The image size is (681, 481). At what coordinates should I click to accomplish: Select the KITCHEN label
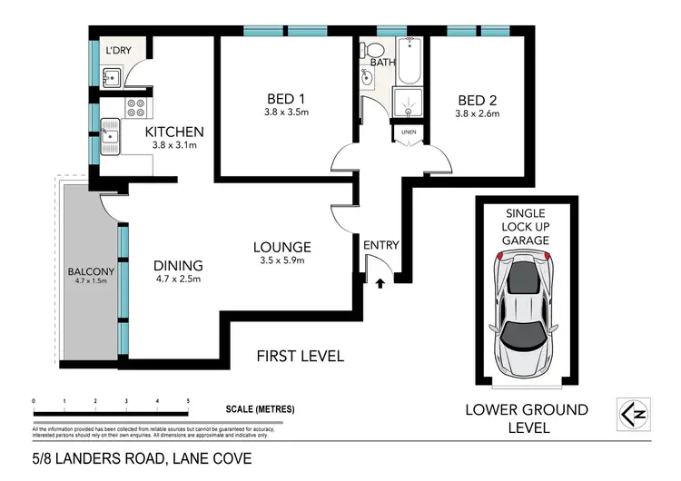click(x=174, y=132)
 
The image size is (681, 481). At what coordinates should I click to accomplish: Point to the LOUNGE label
click(x=281, y=246)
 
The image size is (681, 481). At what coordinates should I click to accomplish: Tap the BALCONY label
click(x=88, y=270)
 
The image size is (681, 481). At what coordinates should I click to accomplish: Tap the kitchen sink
click(x=110, y=138)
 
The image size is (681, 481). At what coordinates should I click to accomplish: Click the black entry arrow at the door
click(x=379, y=283)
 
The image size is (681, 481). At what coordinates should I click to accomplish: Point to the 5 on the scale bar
click(x=188, y=400)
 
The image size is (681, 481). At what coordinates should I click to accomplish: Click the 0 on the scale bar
click(x=34, y=400)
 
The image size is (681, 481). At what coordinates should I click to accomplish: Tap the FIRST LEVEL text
click(x=300, y=356)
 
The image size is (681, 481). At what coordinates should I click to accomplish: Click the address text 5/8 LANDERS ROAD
click(x=91, y=459)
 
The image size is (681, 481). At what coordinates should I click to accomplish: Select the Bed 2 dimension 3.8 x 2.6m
click(x=478, y=113)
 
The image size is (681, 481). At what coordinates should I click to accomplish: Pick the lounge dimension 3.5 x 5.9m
click(x=281, y=261)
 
